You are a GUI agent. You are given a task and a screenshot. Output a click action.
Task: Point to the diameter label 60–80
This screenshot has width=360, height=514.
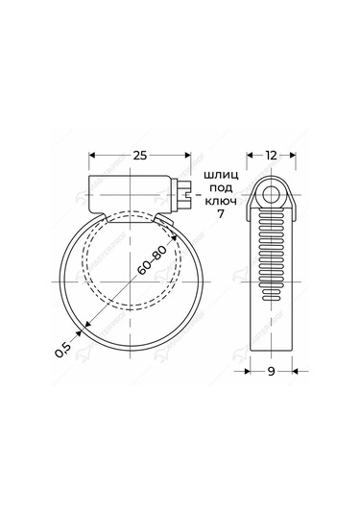150,260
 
